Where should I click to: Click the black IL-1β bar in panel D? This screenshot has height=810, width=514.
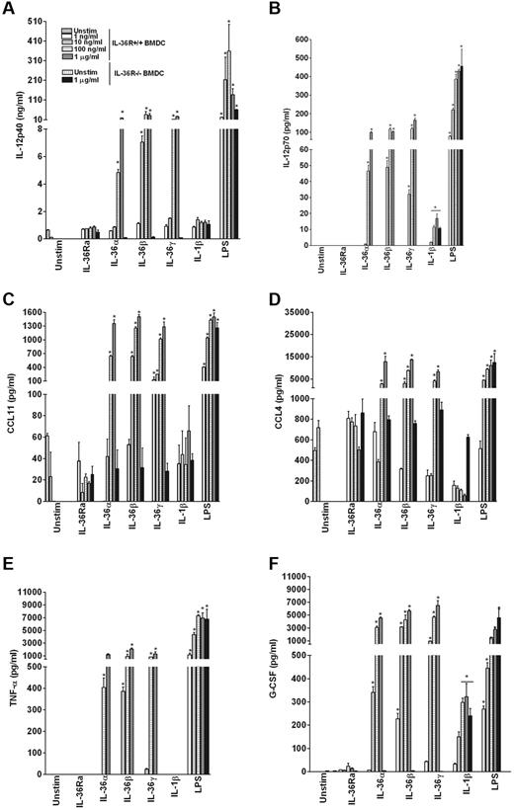[x=439, y=470]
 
